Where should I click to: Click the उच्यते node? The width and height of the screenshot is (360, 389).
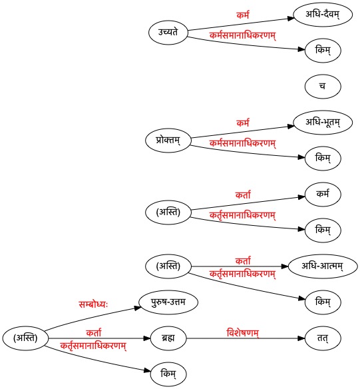click(x=168, y=33)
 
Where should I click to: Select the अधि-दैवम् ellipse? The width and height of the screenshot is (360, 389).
click(x=323, y=15)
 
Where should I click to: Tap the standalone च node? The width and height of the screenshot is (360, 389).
click(x=323, y=87)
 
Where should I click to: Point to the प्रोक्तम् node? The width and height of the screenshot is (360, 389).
click(x=168, y=141)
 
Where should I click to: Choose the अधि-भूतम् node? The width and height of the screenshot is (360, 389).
click(x=323, y=123)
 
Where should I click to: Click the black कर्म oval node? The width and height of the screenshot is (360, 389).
click(x=323, y=195)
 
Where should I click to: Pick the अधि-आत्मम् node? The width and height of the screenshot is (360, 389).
click(x=323, y=266)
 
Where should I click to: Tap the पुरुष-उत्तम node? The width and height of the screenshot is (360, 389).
click(x=168, y=302)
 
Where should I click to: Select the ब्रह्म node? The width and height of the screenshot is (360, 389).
click(x=168, y=338)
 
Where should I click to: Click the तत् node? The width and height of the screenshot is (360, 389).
click(x=323, y=338)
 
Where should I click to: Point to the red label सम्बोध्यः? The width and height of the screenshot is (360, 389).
click(x=93, y=304)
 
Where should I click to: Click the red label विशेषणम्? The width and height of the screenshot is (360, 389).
click(x=243, y=332)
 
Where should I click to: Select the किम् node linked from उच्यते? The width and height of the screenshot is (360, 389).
click(x=323, y=51)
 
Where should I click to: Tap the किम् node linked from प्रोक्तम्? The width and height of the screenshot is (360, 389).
click(x=323, y=159)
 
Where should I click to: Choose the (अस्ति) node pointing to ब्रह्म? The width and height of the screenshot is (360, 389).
click(x=25, y=338)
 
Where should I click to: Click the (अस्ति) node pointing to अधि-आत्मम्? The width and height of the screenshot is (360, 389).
click(x=168, y=266)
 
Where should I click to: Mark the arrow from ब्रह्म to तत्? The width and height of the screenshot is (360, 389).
click(x=246, y=338)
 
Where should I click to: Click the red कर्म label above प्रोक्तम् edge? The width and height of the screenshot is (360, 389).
click(x=243, y=123)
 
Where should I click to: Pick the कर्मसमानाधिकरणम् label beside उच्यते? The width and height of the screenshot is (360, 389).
click(x=243, y=35)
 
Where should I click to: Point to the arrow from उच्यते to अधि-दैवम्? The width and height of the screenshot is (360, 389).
click(x=241, y=24)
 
